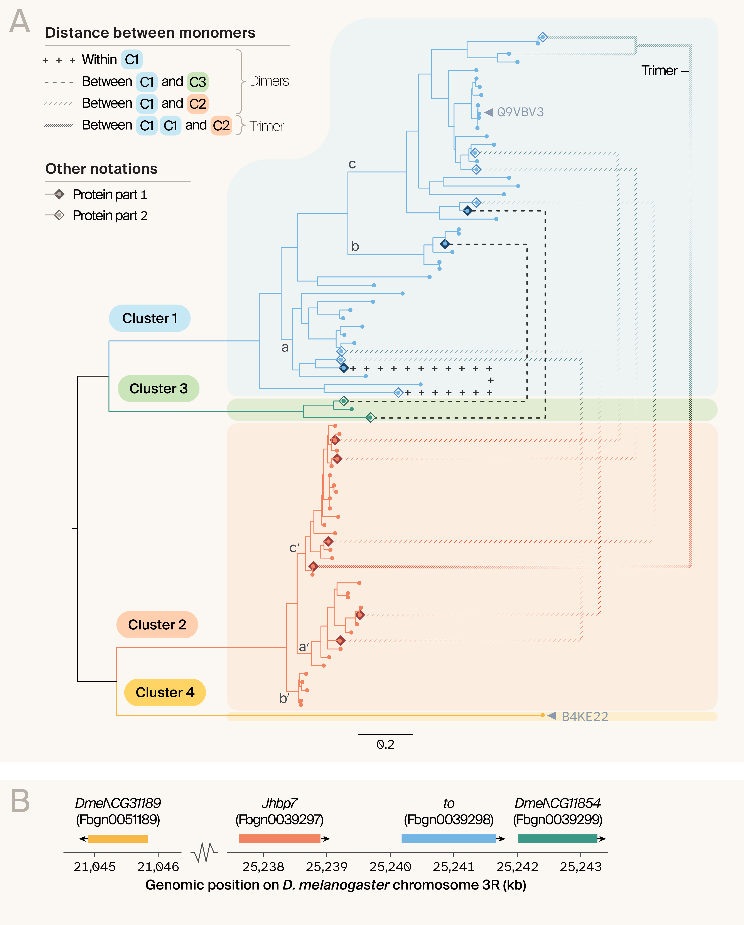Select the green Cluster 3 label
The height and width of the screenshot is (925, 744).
[159, 389]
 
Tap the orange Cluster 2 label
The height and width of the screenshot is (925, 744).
[157, 625]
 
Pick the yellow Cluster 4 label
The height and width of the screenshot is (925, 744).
[165, 693]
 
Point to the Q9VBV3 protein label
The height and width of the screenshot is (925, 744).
[520, 112]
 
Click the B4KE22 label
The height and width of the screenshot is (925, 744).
[585, 716]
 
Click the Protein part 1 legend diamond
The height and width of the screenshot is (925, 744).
[60, 194]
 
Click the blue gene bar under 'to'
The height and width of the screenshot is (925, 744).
[449, 839]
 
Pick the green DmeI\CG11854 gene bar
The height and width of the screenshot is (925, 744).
[558, 839]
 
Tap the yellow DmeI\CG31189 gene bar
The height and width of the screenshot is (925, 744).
[118, 839]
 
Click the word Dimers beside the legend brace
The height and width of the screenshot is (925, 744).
[269, 81]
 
